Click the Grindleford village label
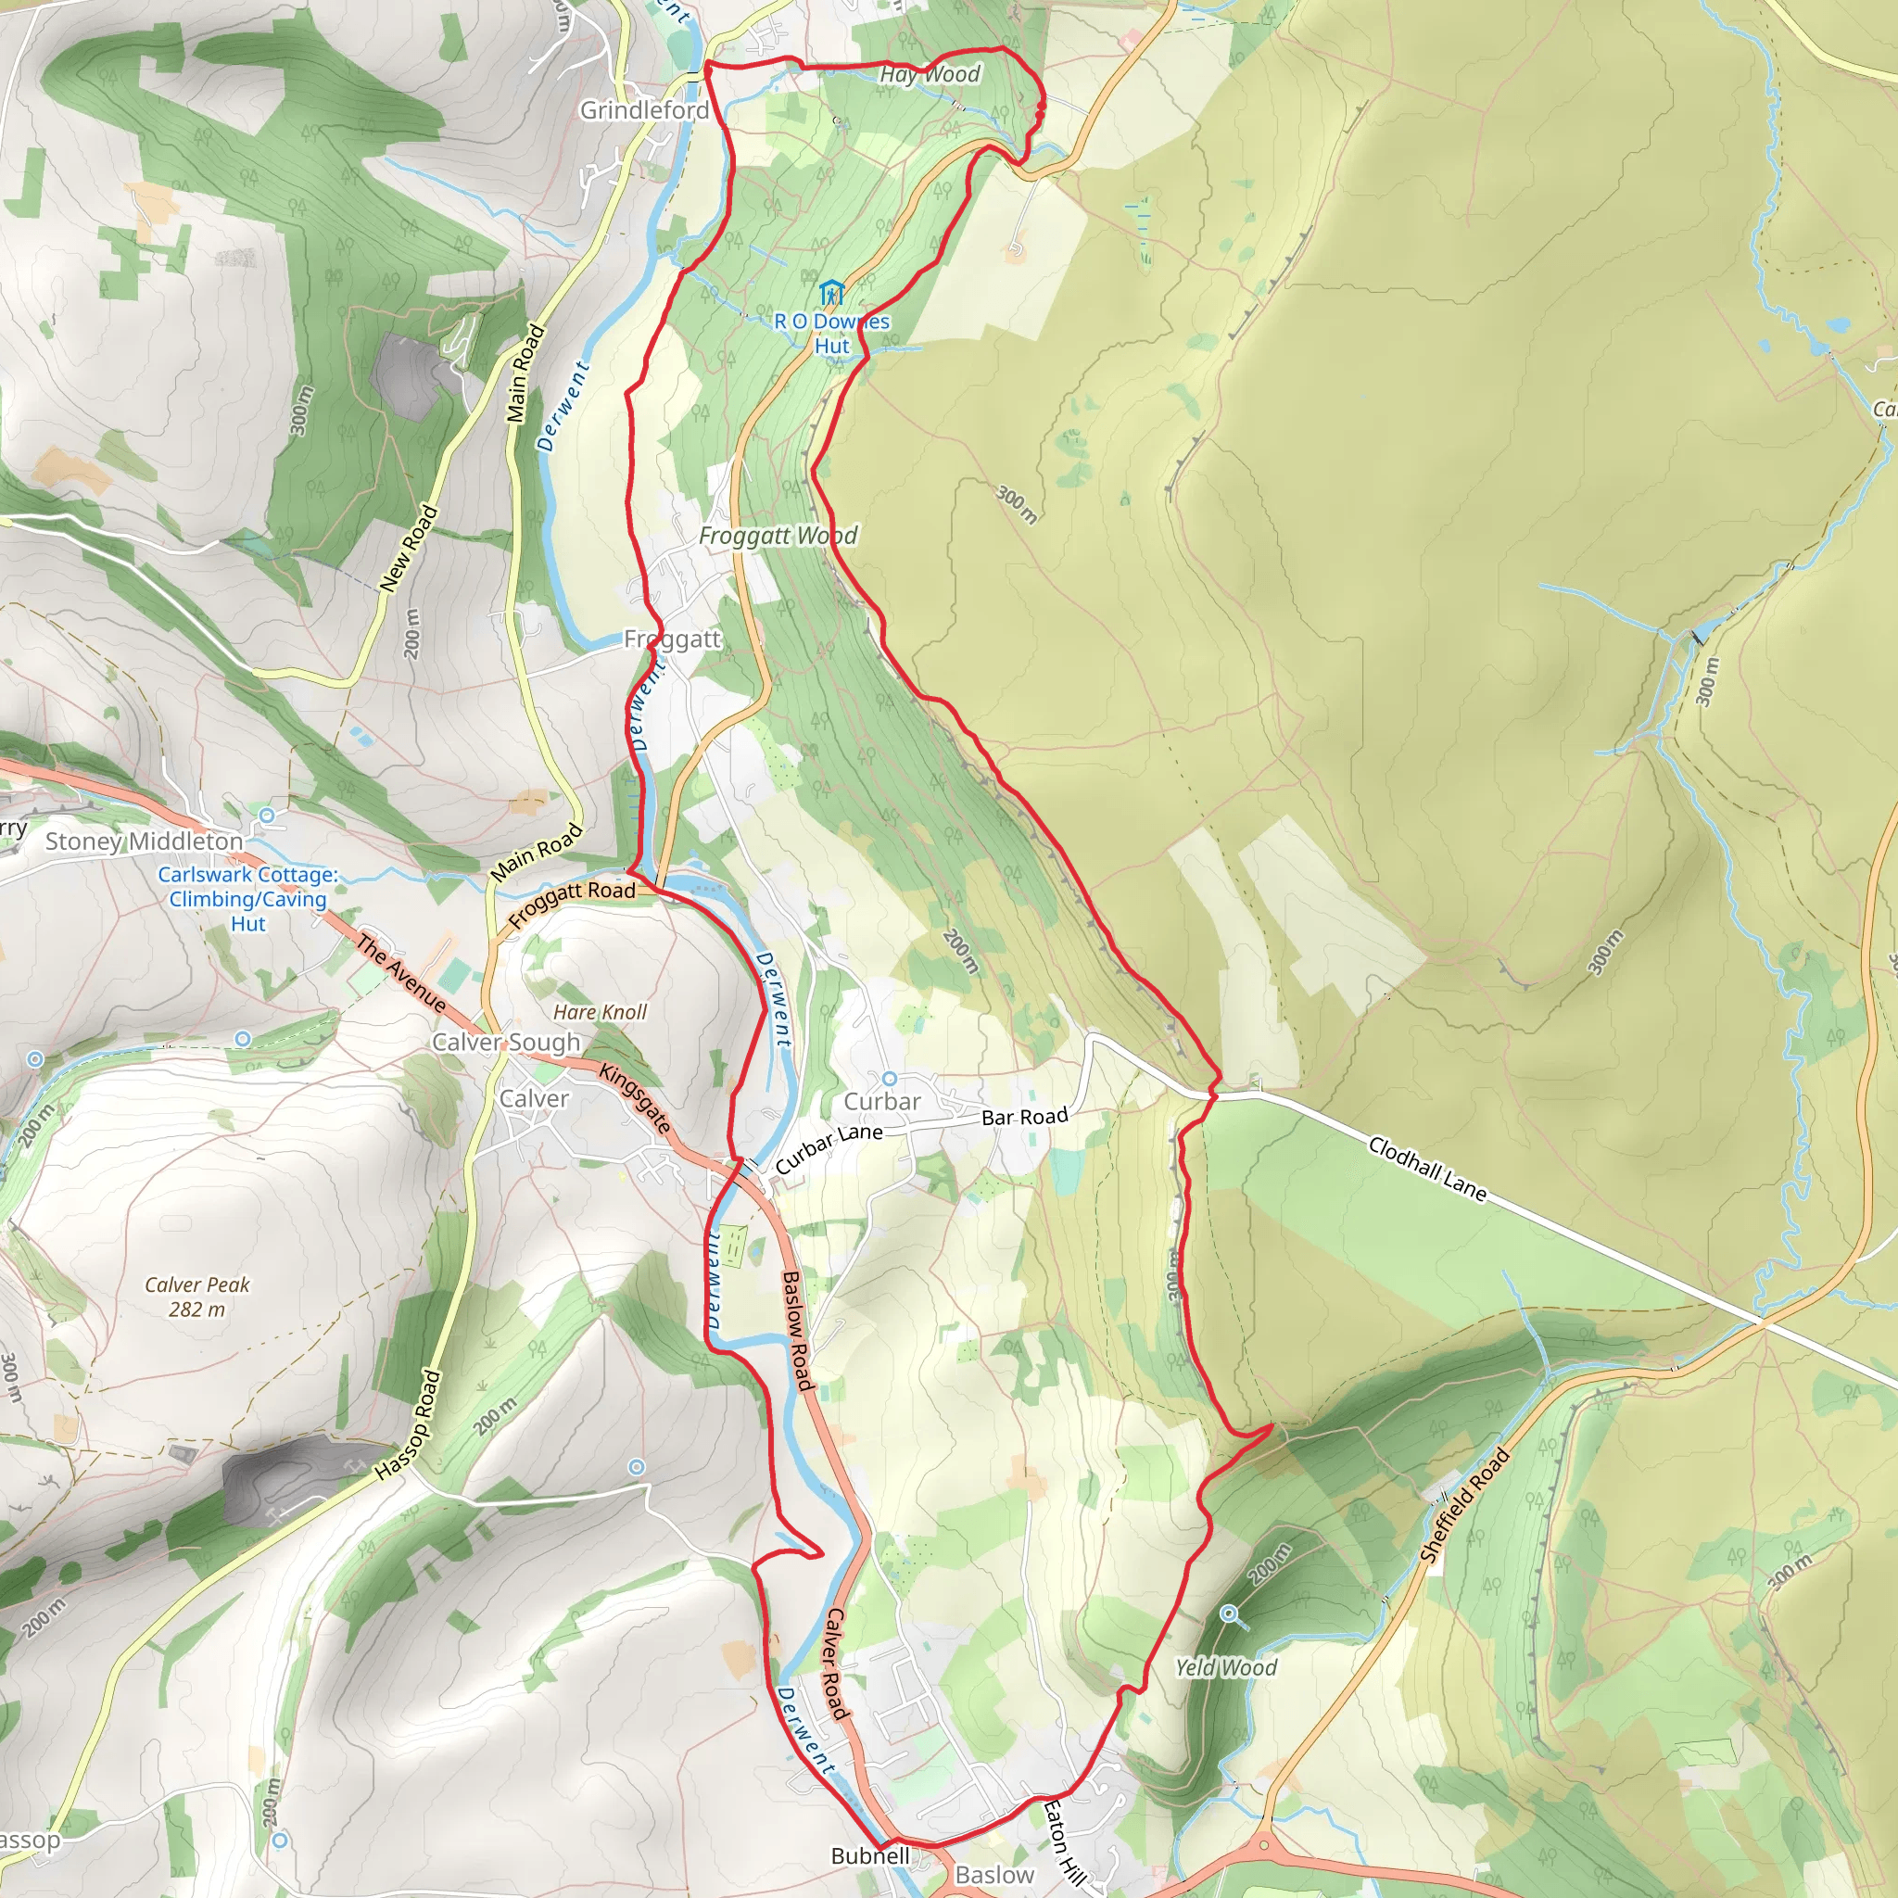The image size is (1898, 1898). pyautogui.click(x=643, y=110)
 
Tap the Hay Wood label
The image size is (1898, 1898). pyautogui.click(x=930, y=75)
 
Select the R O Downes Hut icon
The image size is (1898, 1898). pyautogui.click(x=831, y=293)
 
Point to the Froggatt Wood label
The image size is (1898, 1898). pyautogui.click(x=777, y=536)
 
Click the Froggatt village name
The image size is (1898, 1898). pyautogui.click(x=672, y=639)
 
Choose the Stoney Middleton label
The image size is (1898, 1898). pyautogui.click(x=144, y=841)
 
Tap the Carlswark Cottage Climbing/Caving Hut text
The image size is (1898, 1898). pyautogui.click(x=247, y=899)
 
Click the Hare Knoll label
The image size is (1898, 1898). pyautogui.click(x=600, y=1012)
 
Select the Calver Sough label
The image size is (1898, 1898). pyautogui.click(x=506, y=1043)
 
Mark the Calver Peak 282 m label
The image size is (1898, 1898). pyautogui.click(x=196, y=1297)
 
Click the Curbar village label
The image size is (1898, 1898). pyautogui.click(x=882, y=1102)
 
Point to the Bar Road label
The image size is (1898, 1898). pyautogui.click(x=1025, y=1117)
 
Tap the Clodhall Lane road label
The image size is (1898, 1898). pyautogui.click(x=1427, y=1167)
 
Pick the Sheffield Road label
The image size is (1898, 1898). pyautogui.click(x=1463, y=1505)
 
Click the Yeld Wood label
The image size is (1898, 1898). pyautogui.click(x=1226, y=1667)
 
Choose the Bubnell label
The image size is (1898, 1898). pyautogui.click(x=870, y=1855)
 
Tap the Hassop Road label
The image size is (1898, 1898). pyautogui.click(x=408, y=1424)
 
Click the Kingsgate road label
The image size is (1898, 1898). pyautogui.click(x=636, y=1098)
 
